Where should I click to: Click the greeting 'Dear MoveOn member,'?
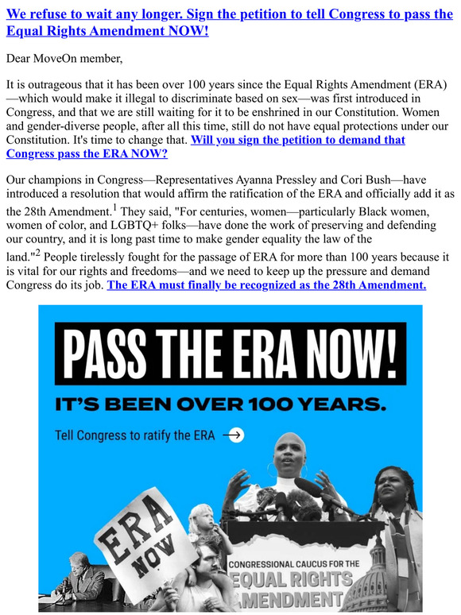(64, 58)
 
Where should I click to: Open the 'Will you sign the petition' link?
(297, 140)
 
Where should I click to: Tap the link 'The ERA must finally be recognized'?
(266, 284)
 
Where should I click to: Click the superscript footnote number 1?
(114, 208)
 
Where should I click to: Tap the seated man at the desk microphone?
(82, 578)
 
